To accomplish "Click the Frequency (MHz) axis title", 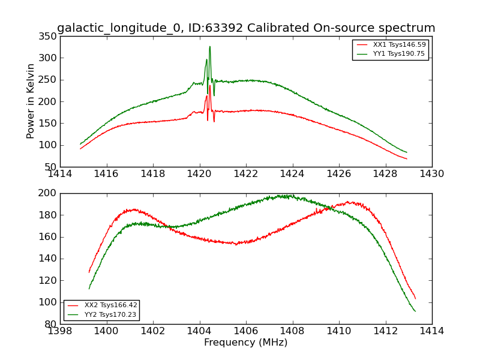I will [245, 343].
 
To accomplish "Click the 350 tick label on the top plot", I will [48, 37].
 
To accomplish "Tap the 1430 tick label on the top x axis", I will [431, 174].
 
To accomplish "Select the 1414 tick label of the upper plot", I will [60, 174].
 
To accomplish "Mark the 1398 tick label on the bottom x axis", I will [60, 331].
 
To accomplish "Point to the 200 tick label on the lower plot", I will [48, 193].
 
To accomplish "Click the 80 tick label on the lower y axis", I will [50, 324].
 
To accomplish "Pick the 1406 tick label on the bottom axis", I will [246, 331].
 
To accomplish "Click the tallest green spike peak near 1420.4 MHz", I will [209, 47].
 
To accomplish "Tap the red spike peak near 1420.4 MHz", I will [210, 85].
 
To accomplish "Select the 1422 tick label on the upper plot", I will [246, 174].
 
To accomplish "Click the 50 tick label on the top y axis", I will [50, 167].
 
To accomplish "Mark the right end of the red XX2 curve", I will [415, 299].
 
